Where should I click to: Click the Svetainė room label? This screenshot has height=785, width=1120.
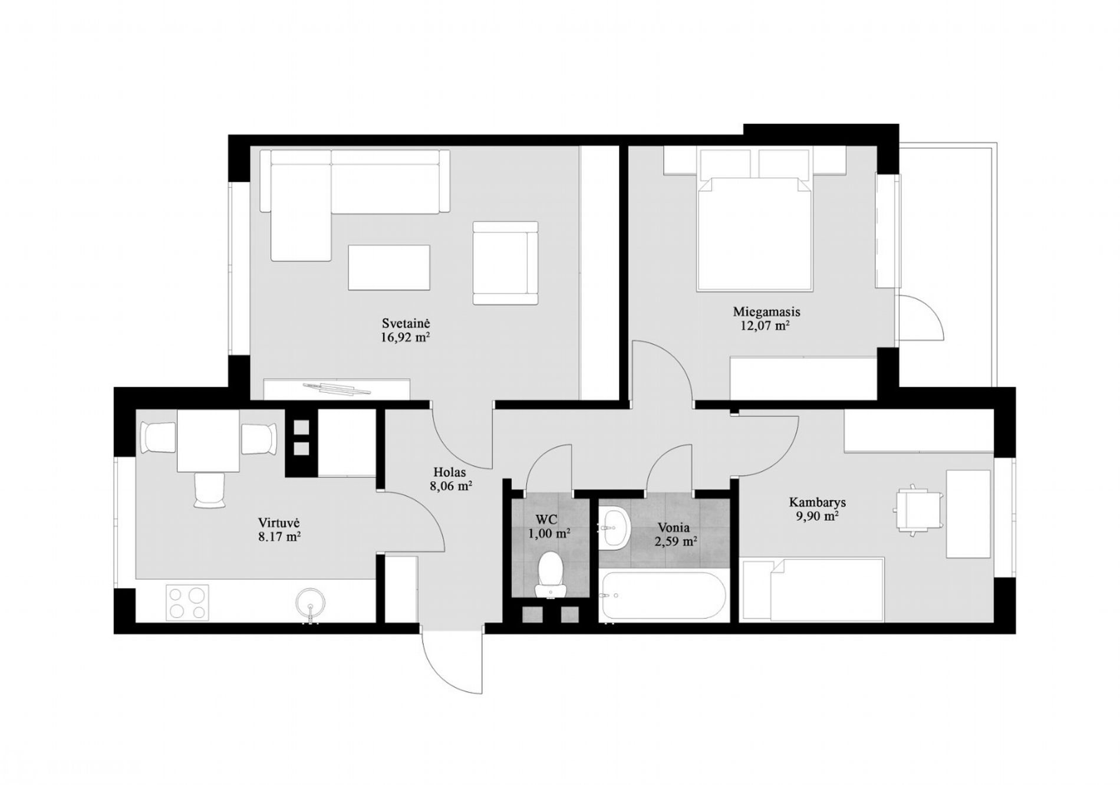[x=406, y=323]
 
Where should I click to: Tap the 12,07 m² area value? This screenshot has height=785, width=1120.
[x=765, y=326]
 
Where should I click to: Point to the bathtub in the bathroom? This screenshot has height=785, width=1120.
[x=661, y=595]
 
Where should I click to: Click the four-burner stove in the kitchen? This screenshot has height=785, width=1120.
[x=187, y=603]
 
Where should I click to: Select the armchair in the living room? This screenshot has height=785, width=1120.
[x=506, y=263]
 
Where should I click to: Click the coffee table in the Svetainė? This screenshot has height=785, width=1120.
[x=389, y=268]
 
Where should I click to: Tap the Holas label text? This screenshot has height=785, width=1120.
[x=450, y=472]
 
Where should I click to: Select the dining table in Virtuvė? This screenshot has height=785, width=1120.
[x=208, y=441]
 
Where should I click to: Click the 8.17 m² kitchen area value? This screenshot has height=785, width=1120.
[x=280, y=537]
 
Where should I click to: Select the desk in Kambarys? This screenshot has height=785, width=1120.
[x=968, y=513]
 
